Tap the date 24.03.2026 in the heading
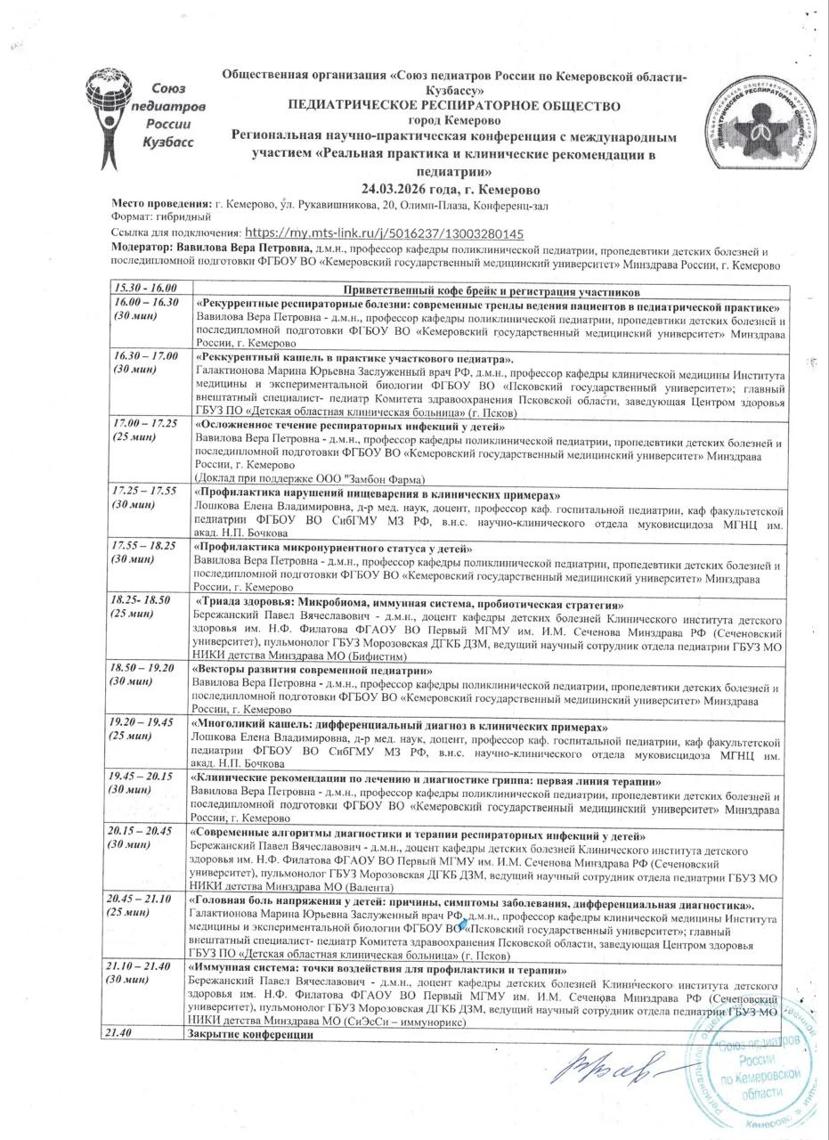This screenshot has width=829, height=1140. pyautogui.click(x=412, y=190)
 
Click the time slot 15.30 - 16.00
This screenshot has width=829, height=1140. pyautogui.click(x=144, y=289)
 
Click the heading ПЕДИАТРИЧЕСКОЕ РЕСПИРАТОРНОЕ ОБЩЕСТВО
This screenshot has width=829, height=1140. pyautogui.click(x=454, y=105)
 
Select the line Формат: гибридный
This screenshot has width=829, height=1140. pyautogui.click(x=160, y=217)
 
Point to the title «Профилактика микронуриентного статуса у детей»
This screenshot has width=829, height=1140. pyautogui.click(x=331, y=548)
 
